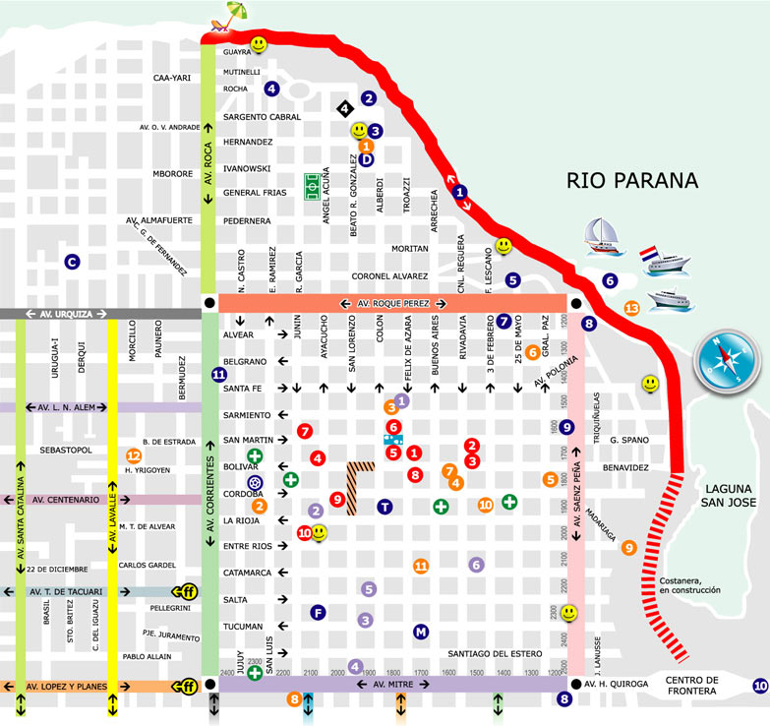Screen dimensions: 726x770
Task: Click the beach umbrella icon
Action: pyautogui.click(x=234, y=15)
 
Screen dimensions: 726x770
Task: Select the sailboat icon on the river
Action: pyautogui.click(x=600, y=232)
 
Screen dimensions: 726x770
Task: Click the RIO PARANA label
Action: pyautogui.click(x=631, y=180)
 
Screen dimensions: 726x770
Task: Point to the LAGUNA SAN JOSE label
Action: pyautogui.click(x=728, y=496)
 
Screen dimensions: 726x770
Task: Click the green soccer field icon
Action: pyautogui.click(x=314, y=183)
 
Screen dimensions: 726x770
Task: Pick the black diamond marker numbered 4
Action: pyautogui.click(x=343, y=108)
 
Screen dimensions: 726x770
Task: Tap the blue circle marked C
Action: pyautogui.click(x=71, y=262)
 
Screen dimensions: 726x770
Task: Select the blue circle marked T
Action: pyautogui.click(x=385, y=507)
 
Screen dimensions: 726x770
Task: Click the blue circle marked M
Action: pyautogui.click(x=421, y=631)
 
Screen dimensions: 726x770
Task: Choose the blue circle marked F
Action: pyautogui.click(x=317, y=612)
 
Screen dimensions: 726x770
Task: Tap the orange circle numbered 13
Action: pyautogui.click(x=631, y=308)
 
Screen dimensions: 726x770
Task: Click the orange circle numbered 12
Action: pyautogui.click(x=134, y=455)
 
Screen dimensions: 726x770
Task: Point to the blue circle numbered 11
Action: pyautogui.click(x=219, y=374)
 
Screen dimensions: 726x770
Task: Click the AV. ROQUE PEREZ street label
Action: pyautogui.click(x=391, y=303)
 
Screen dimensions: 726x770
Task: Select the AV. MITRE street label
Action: pyautogui.click(x=391, y=683)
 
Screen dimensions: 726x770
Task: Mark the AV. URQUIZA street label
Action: pyautogui.click(x=66, y=314)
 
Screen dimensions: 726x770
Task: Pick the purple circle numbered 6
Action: pyautogui.click(x=477, y=565)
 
